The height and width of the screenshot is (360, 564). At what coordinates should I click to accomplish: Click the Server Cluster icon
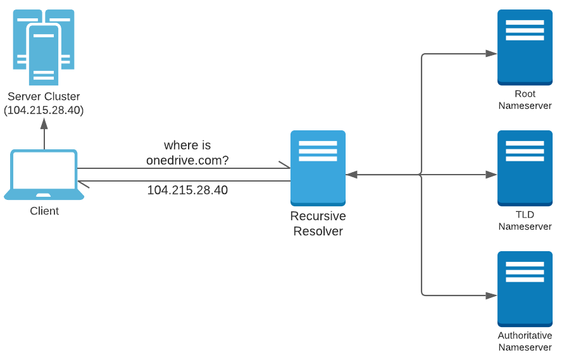44,47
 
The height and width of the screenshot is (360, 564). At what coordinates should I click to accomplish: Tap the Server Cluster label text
44,97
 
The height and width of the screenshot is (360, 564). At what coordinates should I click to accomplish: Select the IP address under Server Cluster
44,110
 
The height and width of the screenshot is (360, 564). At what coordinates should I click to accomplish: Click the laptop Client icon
44,175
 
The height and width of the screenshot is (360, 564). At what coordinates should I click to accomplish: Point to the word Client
44,211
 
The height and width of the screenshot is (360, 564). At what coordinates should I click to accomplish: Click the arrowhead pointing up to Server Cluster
44,123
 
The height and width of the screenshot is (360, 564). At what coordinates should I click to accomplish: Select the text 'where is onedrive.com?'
187,153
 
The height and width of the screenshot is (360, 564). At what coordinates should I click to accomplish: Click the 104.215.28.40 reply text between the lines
187,190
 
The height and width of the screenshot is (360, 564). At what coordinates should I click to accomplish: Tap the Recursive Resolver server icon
318,168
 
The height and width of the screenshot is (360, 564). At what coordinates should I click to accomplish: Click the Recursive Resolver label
318,224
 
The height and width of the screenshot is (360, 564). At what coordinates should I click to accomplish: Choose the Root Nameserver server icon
525,47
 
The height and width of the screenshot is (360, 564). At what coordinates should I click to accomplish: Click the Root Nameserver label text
525,100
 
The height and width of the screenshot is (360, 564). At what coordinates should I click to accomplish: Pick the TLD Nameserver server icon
525,168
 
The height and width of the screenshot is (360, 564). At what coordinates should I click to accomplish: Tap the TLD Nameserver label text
525,221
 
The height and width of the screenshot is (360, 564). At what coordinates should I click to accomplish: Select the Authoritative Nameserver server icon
525,289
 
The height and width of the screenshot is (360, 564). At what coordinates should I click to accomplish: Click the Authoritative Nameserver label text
525,342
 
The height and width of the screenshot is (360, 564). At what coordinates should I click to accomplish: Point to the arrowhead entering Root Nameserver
491,54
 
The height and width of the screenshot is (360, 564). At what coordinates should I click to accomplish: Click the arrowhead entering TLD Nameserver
491,175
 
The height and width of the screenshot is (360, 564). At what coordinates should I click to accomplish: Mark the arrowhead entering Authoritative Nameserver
491,295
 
